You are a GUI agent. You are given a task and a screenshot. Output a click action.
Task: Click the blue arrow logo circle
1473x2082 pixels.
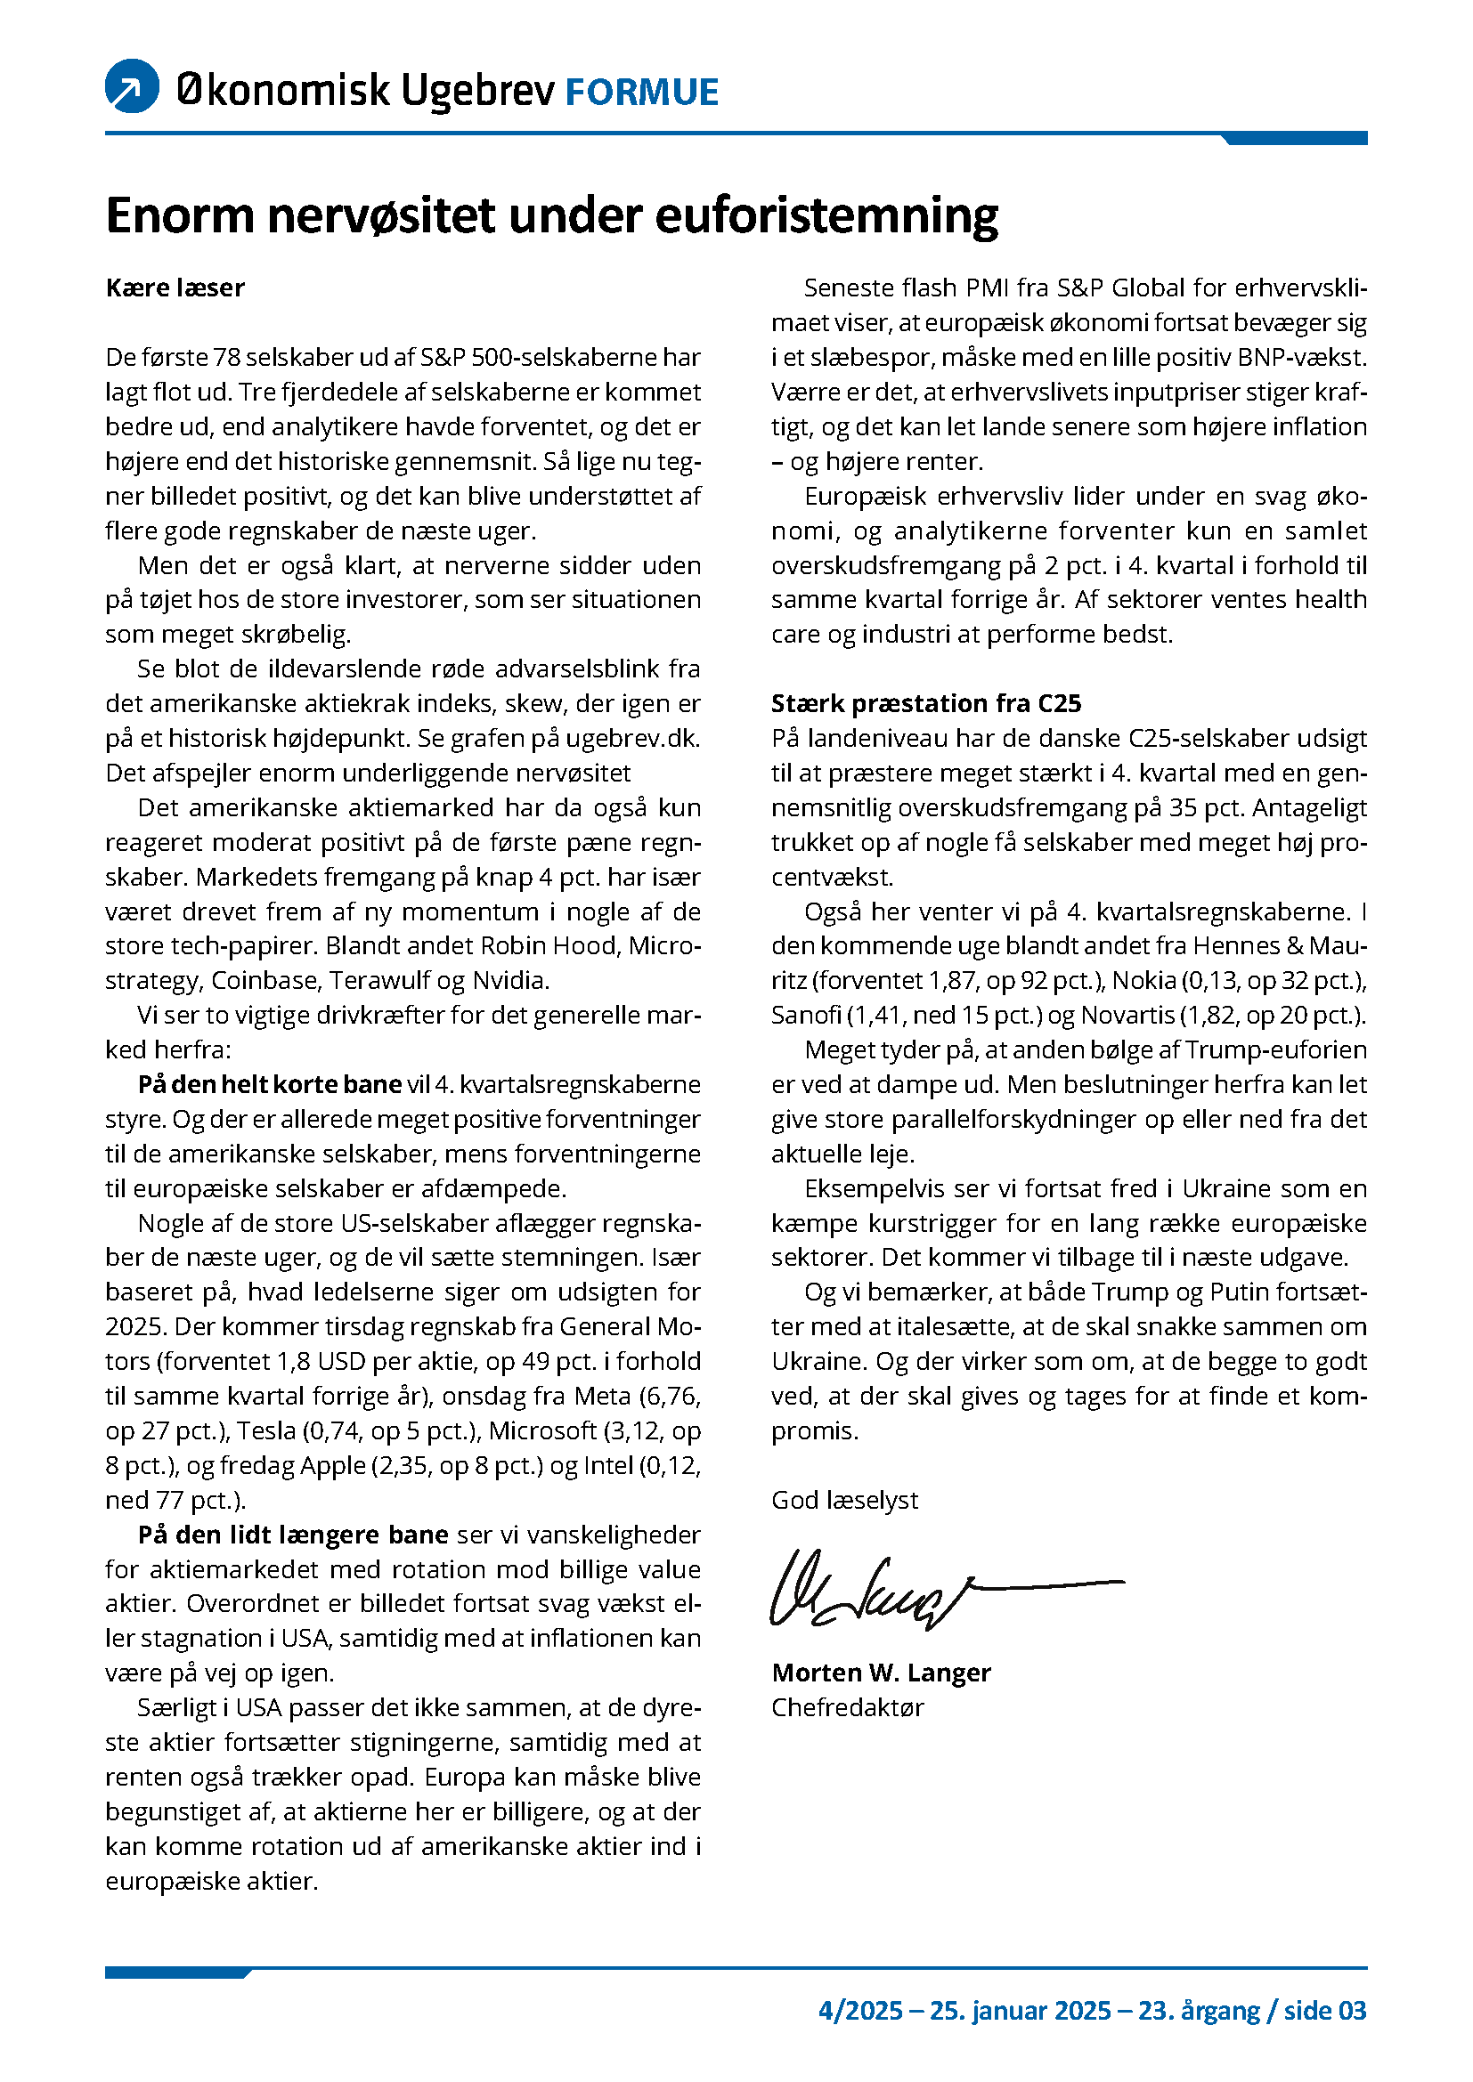tap(133, 87)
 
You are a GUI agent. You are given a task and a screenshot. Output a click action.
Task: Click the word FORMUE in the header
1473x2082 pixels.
tap(641, 93)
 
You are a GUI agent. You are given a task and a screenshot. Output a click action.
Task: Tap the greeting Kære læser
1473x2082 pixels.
tap(175, 288)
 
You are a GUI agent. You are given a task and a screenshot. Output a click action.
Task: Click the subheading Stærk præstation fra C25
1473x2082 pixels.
tap(925, 704)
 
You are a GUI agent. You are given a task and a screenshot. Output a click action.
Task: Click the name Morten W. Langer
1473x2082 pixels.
tap(880, 1673)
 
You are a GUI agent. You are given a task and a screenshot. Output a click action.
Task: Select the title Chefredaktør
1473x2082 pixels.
tap(847, 1707)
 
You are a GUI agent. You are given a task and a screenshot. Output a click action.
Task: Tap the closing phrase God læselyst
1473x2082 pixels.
tap(843, 1500)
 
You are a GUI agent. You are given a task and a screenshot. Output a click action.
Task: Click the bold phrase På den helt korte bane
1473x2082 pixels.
tap(269, 1084)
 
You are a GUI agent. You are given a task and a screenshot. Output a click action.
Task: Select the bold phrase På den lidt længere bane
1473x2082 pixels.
tap(293, 1535)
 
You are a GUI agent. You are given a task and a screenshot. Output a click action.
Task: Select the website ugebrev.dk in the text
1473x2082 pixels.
tap(633, 738)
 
